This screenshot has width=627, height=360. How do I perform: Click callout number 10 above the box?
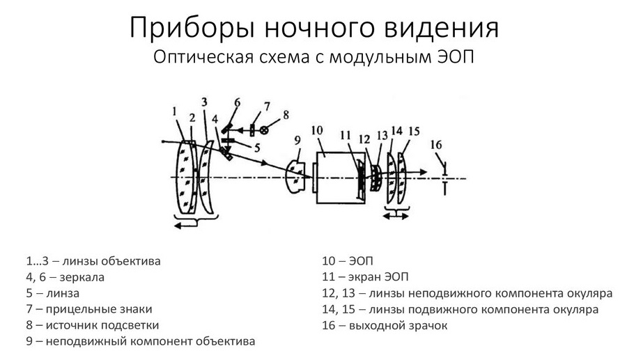(318, 130)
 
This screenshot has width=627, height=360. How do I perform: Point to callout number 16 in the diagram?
(436, 144)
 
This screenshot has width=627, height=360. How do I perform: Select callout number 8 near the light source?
(285, 114)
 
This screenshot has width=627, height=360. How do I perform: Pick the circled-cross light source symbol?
(263, 130)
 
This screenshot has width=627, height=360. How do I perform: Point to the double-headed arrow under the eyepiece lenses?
(396, 216)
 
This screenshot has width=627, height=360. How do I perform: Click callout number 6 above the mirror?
(236, 102)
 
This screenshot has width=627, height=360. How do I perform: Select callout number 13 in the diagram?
(381, 135)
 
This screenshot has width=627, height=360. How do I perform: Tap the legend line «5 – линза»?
(53, 293)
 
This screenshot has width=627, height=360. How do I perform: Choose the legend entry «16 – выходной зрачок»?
(385, 325)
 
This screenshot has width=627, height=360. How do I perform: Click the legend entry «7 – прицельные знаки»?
(89, 309)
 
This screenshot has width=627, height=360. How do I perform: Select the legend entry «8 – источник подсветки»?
(93, 325)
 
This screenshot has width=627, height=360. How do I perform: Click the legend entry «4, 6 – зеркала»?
(65, 277)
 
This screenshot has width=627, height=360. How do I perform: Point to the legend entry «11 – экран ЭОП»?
(365, 277)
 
